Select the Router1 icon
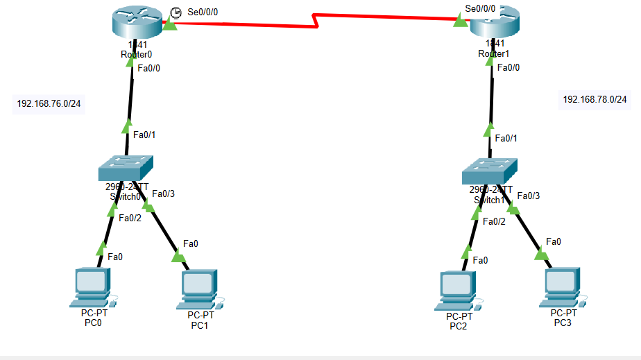pos(493,26)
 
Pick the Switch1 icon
pos(489,170)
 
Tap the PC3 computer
pos(563,286)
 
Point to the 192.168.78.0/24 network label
pos(595,100)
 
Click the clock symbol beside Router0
pos(175,12)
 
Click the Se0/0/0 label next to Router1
pos(480,9)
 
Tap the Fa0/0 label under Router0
pos(149,68)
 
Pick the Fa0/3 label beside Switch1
pos(528,196)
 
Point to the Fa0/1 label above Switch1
pos(509,138)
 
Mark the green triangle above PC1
pos(178,257)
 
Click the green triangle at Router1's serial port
pos(459,22)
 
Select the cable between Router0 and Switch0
pos(129,104)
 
